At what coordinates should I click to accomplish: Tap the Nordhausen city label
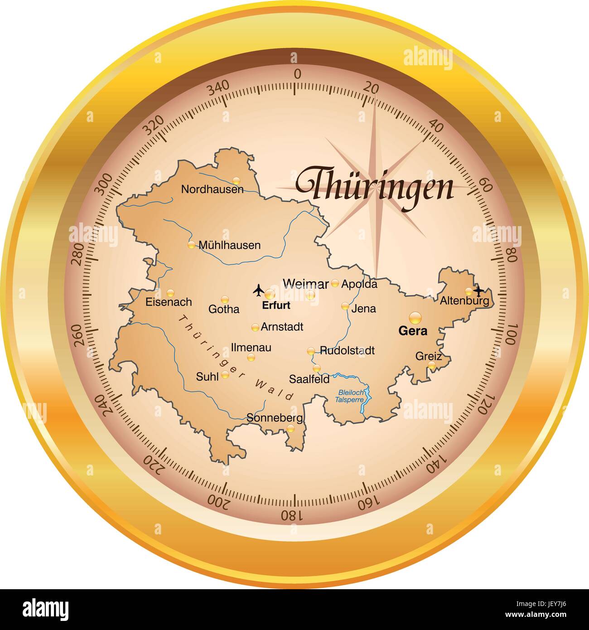212,189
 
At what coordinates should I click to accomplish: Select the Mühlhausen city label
230,245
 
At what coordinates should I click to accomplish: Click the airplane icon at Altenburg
478,290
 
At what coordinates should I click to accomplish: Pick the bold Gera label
412,331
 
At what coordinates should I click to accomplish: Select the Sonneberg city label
275,418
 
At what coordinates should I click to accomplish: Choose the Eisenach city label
169,302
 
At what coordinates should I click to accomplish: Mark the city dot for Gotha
225,299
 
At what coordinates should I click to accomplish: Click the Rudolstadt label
347,350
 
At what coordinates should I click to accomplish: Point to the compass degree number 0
297,74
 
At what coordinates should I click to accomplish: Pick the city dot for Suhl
225,375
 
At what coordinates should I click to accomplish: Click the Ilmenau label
251,348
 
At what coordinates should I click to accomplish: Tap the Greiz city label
428,356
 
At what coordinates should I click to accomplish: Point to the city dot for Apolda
335,283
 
